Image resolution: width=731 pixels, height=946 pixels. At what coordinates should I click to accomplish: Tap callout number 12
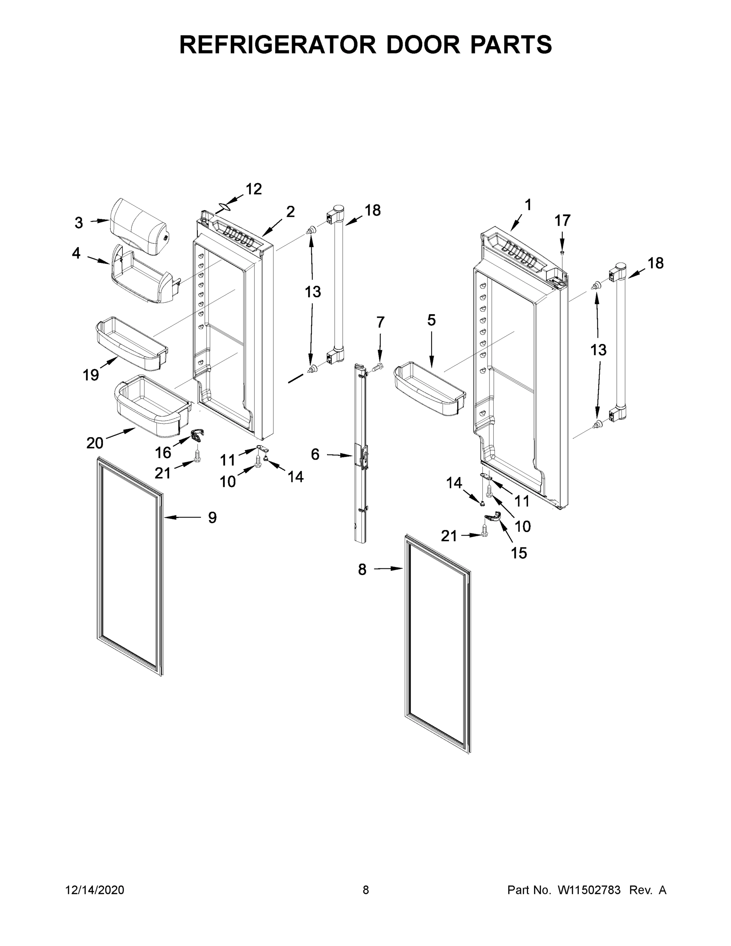point(254,189)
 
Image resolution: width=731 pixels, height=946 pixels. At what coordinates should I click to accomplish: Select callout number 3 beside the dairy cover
point(78,223)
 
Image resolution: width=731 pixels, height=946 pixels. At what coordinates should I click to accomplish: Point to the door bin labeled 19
point(131,343)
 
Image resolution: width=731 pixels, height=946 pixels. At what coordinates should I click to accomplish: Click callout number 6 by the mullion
point(315,454)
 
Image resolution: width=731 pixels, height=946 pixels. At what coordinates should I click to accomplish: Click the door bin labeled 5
point(429,390)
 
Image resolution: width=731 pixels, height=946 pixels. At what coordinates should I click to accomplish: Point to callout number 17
point(563,220)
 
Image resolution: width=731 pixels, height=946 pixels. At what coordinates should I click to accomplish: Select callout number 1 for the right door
point(528,205)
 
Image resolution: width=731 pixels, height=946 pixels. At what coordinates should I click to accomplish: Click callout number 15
point(519,553)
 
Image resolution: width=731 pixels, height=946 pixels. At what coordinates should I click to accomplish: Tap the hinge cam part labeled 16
point(197,434)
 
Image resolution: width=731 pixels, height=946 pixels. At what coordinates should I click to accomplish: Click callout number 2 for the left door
point(290,211)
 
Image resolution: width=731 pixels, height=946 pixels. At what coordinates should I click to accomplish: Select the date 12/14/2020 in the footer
point(95,890)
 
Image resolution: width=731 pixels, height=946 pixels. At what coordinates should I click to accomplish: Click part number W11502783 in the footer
point(589,890)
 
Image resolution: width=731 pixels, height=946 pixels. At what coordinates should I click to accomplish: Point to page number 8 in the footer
point(366,890)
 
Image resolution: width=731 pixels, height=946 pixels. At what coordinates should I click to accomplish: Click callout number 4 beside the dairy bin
point(76,253)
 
